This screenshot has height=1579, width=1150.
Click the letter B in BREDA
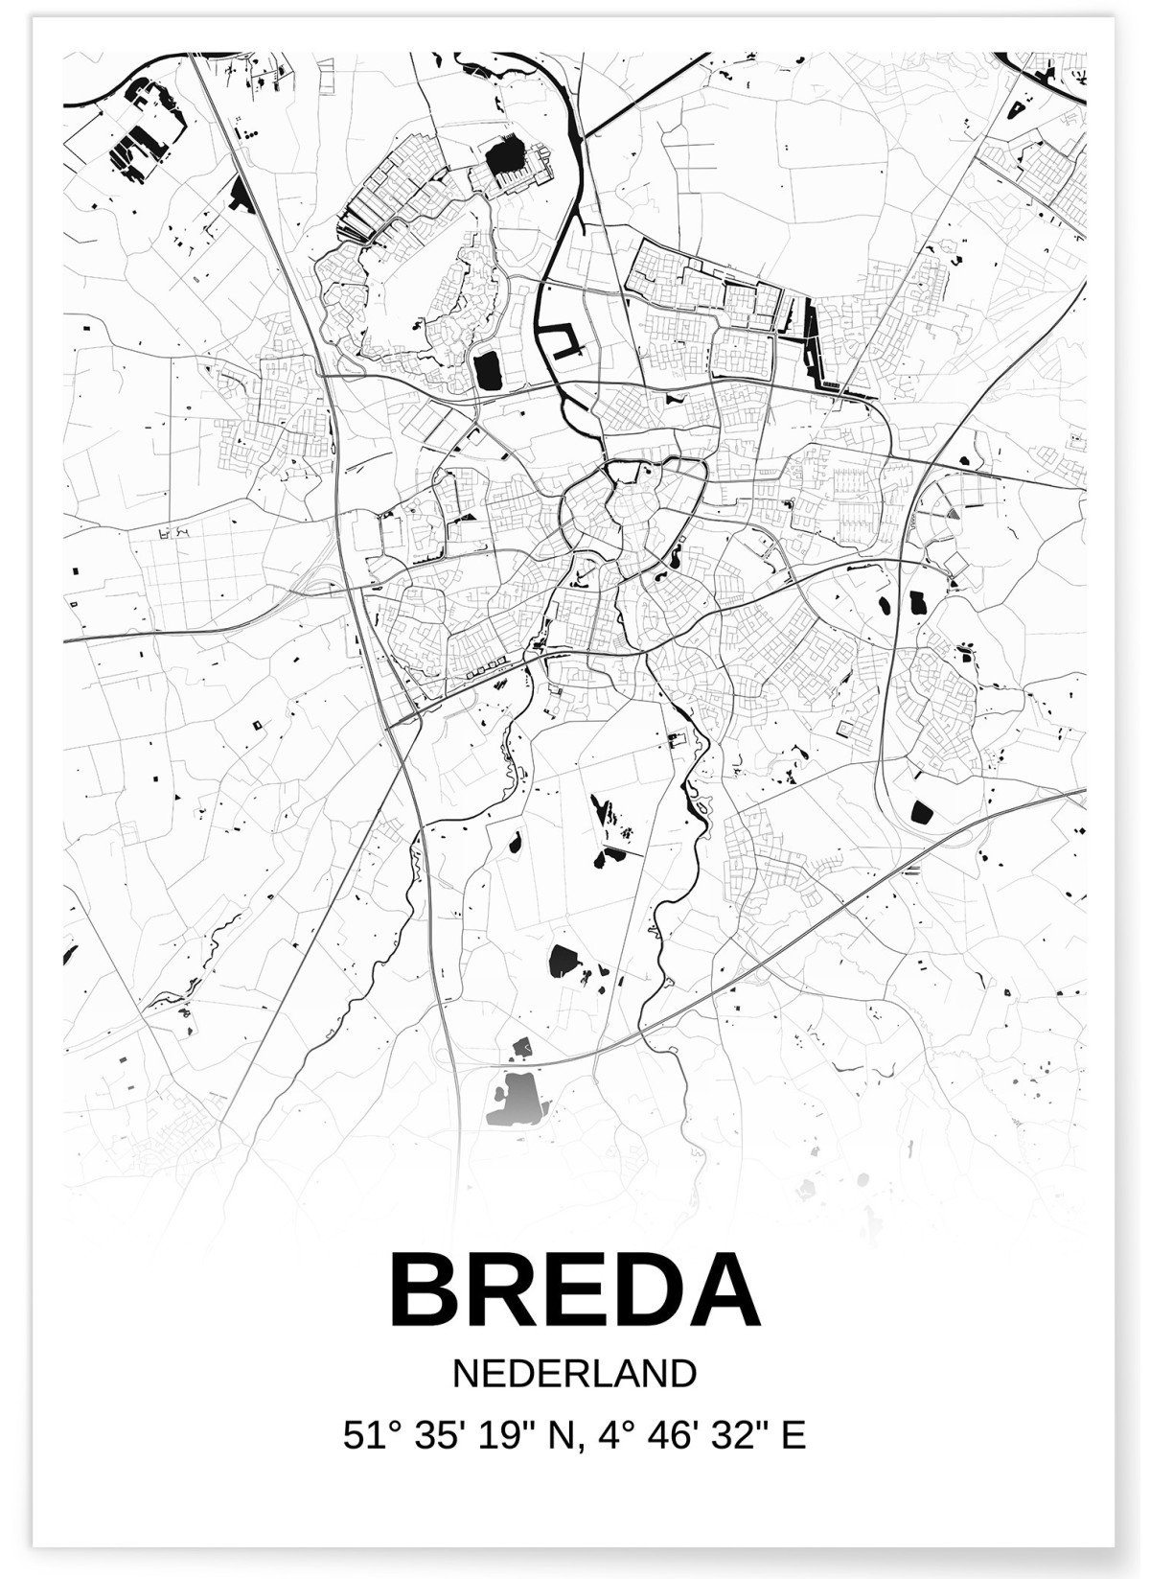(426, 1290)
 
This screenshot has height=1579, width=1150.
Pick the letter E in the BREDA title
(575, 1290)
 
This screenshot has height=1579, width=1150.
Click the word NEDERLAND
(574, 1374)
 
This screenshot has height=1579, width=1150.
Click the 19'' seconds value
(508, 1435)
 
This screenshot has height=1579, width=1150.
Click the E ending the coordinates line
(794, 1435)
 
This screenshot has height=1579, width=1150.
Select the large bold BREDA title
(574, 1290)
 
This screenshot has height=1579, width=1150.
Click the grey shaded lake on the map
(517, 1098)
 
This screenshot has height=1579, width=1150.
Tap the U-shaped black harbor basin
(562, 341)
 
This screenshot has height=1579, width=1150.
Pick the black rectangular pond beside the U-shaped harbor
(487, 370)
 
